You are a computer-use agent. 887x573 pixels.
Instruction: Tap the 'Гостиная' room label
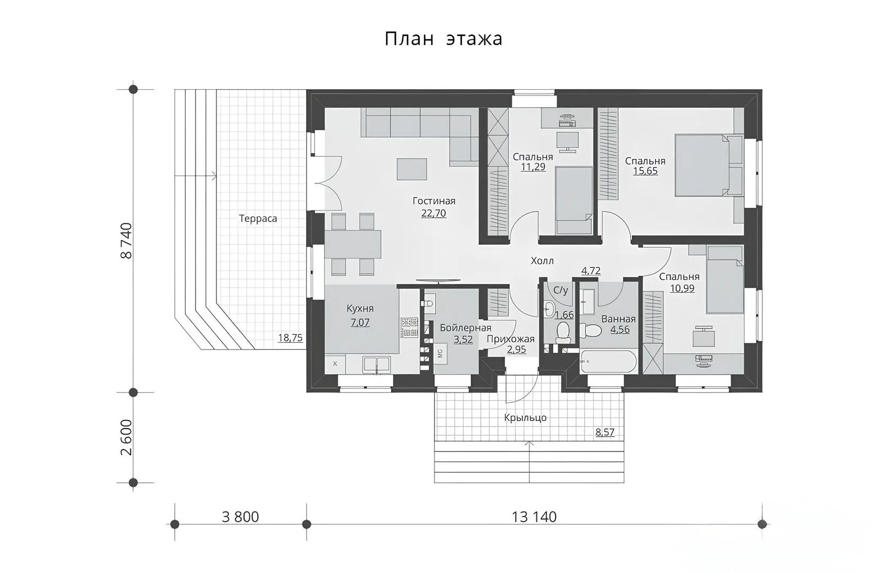434,201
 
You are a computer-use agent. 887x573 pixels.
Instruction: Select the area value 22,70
433,213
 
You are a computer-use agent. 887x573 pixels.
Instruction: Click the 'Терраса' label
258,219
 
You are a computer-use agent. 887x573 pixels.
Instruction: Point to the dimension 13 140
534,517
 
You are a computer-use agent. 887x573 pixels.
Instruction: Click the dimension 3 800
240,517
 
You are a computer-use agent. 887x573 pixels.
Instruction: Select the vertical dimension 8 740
126,241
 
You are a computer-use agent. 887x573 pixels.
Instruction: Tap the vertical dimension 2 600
126,437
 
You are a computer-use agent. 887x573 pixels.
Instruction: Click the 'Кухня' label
360,308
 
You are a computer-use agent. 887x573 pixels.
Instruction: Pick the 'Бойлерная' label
466,328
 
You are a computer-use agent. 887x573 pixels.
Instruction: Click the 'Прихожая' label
510,339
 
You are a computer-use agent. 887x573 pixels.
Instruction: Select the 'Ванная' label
619,319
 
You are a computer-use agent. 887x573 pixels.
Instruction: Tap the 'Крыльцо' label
526,418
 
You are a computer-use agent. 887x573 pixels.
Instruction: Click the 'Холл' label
542,261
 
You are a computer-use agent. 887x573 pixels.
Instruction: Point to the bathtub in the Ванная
608,361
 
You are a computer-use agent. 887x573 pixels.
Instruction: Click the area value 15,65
645,171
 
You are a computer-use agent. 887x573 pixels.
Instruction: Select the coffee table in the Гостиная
412,169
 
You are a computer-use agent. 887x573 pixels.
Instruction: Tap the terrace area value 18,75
290,338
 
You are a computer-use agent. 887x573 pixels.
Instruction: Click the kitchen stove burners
409,328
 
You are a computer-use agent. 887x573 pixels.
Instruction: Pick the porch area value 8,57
605,432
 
